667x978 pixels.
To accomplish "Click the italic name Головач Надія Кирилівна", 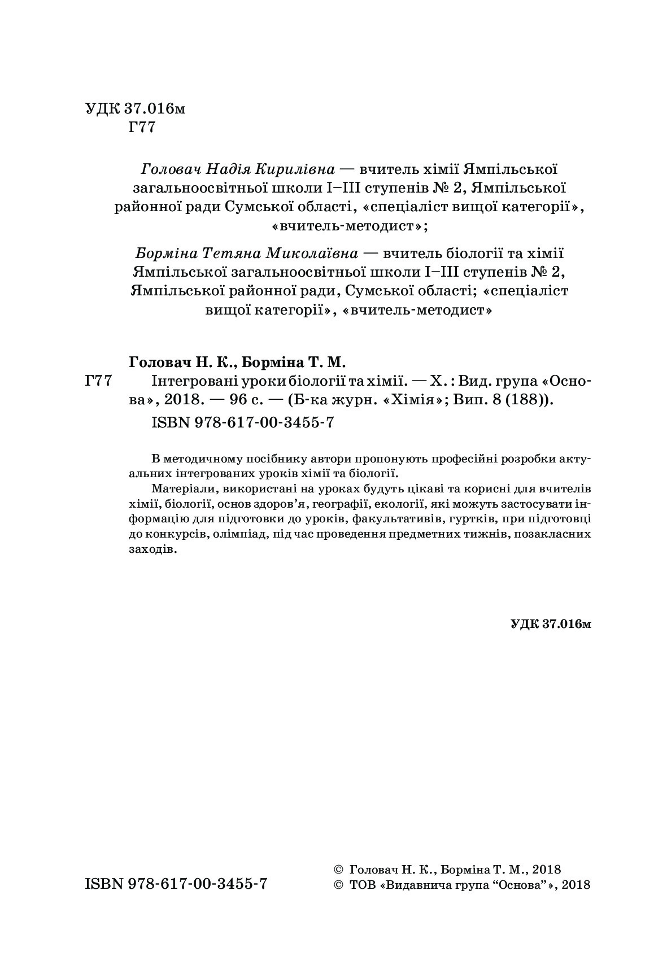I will [237, 169].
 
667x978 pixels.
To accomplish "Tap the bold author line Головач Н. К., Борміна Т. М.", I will [237, 361].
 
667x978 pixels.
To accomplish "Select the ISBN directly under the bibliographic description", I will [243, 423].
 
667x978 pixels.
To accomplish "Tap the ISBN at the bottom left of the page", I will [176, 884].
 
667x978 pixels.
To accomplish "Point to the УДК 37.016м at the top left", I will [135, 108].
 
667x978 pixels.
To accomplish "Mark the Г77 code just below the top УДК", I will [141, 128].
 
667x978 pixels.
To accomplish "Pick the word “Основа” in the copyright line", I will [520, 885].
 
